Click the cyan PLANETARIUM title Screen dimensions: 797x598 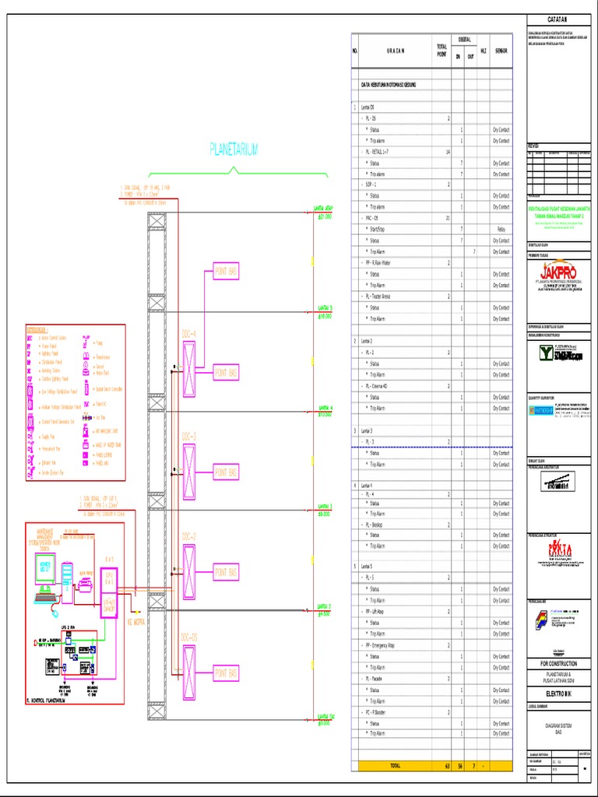[x=234, y=149]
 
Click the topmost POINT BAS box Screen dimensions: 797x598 [x=226, y=272]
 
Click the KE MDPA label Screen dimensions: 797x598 [x=135, y=623]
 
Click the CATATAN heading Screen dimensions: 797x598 [x=557, y=19]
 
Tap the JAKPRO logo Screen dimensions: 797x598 [x=557, y=273]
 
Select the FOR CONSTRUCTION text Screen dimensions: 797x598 [x=557, y=663]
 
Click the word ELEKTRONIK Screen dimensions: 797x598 [x=557, y=691]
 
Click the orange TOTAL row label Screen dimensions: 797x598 [x=396, y=766]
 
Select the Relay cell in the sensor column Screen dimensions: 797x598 [x=501, y=230]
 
